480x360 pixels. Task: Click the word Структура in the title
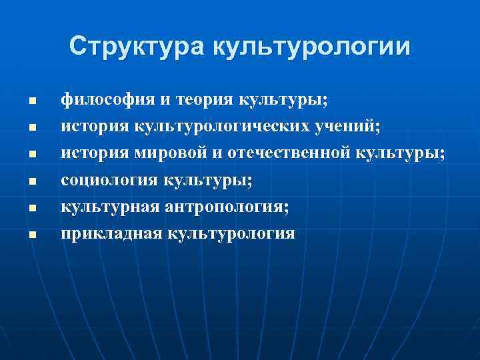click(137, 47)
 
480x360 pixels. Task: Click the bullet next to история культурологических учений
click(31, 125)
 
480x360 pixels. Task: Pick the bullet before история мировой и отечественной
click(31, 153)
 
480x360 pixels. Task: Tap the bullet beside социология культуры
click(31, 181)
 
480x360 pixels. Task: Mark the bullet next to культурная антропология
click(31, 208)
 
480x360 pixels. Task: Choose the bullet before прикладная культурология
click(31, 235)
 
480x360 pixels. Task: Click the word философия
click(107, 99)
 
